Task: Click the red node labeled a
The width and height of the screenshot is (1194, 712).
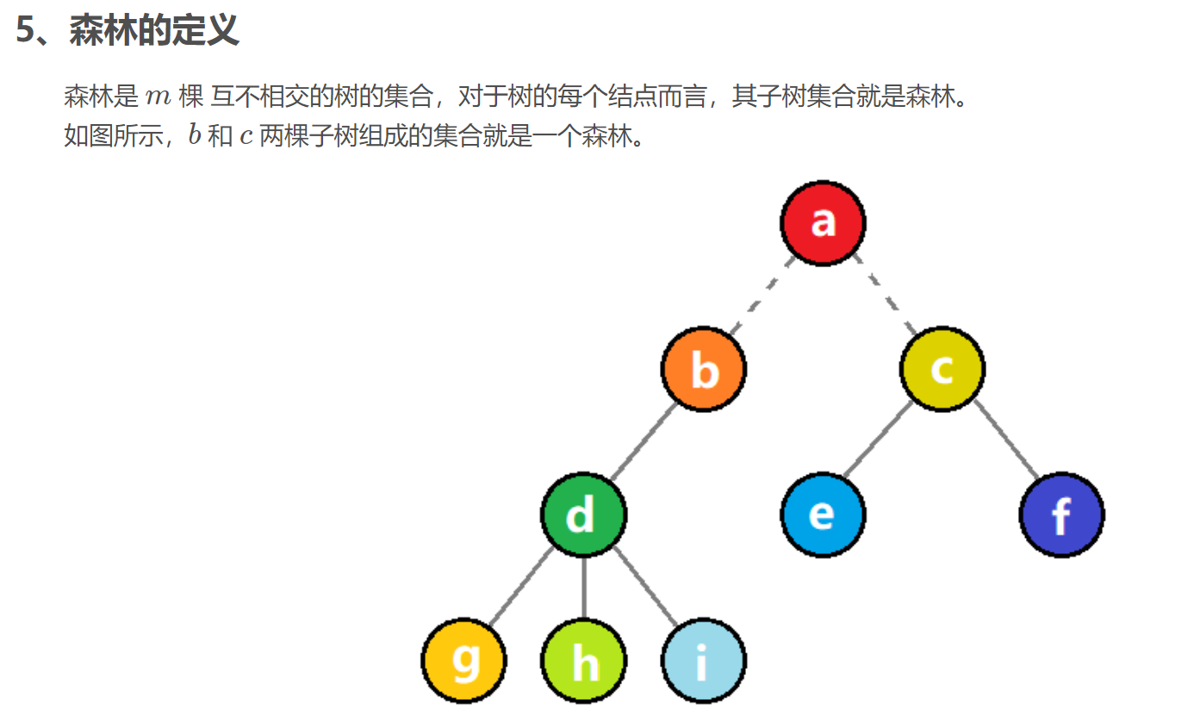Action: pyautogui.click(x=823, y=222)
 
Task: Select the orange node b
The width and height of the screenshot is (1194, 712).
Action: pyautogui.click(x=704, y=369)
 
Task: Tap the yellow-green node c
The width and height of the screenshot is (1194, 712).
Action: pyautogui.click(x=942, y=369)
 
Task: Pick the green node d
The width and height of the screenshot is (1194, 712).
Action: pyautogui.click(x=583, y=515)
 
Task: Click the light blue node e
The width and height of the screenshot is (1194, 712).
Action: pyautogui.click(x=823, y=515)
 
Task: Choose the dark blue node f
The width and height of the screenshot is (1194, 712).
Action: pyautogui.click(x=1061, y=515)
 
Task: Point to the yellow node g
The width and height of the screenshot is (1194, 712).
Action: pyautogui.click(x=464, y=661)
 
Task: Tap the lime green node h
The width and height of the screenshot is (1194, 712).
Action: pyautogui.click(x=583, y=661)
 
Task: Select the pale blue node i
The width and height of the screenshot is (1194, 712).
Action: pyautogui.click(x=703, y=661)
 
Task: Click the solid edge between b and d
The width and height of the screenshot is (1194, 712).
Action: pyautogui.click(x=644, y=442)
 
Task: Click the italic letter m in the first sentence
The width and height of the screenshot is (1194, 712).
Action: pyautogui.click(x=159, y=97)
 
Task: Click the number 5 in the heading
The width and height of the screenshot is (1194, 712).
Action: pyautogui.click(x=26, y=31)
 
